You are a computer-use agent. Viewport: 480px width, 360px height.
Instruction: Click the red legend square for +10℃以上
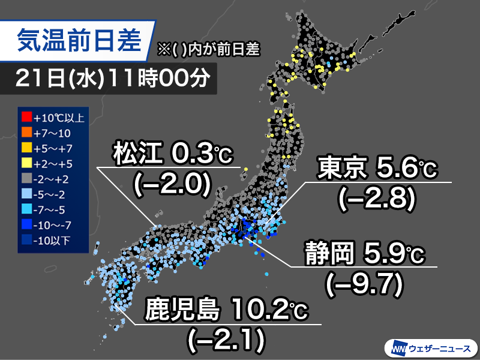tap(26, 117)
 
